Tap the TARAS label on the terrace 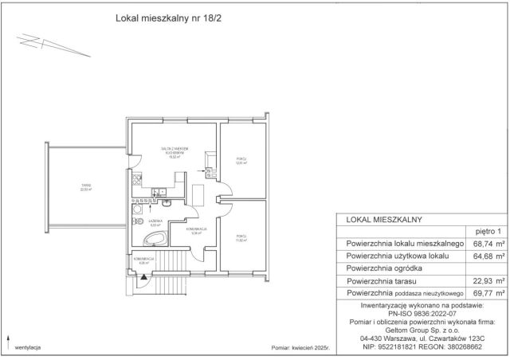coord(84,188)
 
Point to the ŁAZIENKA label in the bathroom coord(156,224)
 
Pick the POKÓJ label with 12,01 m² coord(241,161)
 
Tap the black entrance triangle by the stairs coord(143,278)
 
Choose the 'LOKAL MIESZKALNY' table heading coord(384,217)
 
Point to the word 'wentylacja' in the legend coord(28,348)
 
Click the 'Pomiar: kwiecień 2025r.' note coord(301,348)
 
